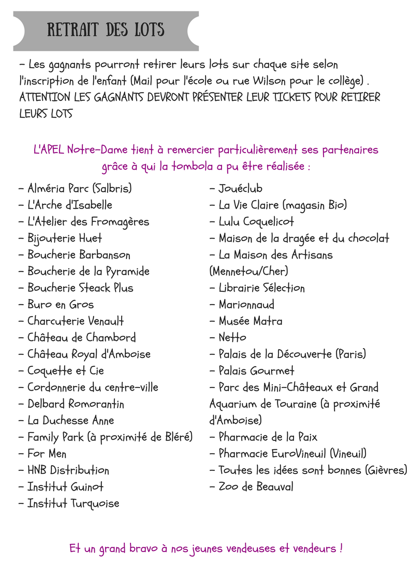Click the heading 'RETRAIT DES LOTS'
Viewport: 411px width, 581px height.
tap(106, 29)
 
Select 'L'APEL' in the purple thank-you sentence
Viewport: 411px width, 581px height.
tap(49, 151)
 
